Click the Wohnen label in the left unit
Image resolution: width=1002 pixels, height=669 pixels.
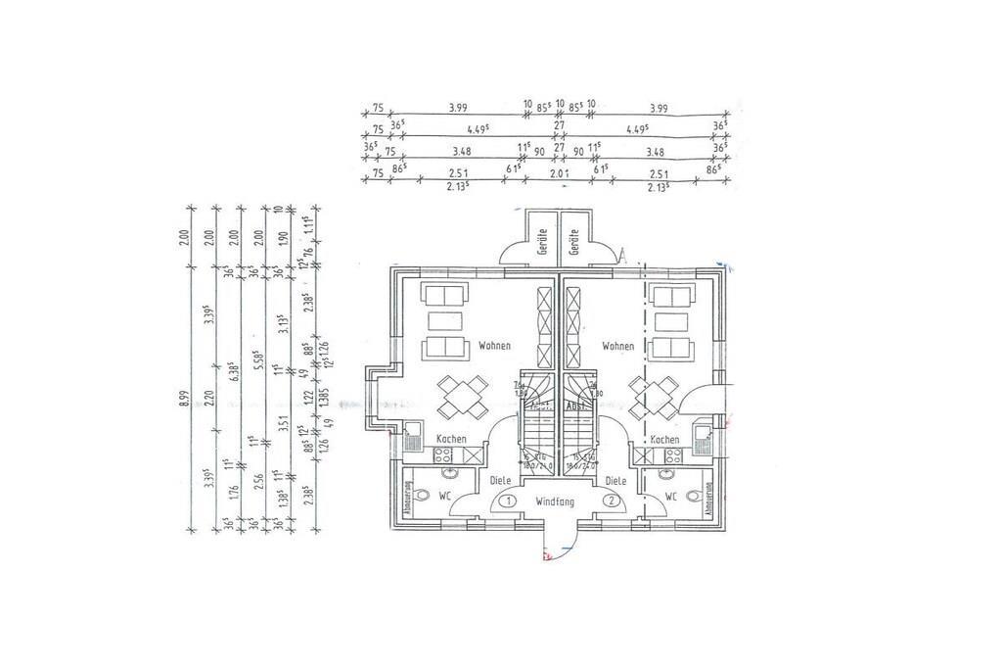coord(494,346)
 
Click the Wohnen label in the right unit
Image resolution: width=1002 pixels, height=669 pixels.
coord(617,346)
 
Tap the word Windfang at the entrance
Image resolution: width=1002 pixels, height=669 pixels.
coord(555,501)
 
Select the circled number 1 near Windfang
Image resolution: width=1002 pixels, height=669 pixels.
coord(508,501)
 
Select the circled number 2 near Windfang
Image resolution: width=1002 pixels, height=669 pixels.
coord(611,501)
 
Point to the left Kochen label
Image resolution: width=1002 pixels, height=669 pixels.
coord(452,440)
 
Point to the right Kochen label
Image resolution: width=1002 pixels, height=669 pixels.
coord(664,440)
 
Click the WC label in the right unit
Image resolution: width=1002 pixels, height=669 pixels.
coord(670,497)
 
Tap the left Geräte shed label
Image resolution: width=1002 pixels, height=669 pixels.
coord(541,241)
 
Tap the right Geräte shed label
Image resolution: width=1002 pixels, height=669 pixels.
coord(575,241)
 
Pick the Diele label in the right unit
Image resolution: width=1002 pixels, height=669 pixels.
coord(615,481)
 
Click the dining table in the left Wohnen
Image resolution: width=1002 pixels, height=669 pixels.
coord(459,396)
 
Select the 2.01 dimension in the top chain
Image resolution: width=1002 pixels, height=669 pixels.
coord(559,173)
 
